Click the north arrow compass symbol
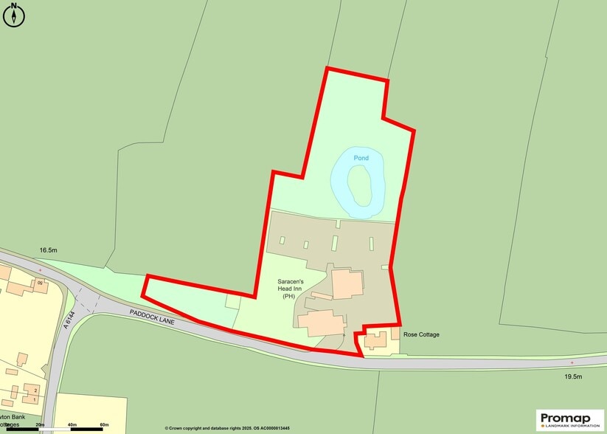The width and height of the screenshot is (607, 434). (x=14, y=15)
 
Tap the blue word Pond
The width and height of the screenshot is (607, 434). (x=361, y=158)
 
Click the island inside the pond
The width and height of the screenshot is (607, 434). (x=358, y=186)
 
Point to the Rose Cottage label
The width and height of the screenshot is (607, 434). (x=422, y=334)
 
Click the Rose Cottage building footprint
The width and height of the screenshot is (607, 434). (x=374, y=340)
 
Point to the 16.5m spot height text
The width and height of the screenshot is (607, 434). (x=49, y=251)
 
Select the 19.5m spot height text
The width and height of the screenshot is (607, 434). (x=573, y=377)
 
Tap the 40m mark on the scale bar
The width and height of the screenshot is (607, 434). (x=72, y=424)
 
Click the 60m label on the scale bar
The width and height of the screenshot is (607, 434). (x=104, y=424)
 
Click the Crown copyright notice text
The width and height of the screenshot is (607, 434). (x=227, y=428)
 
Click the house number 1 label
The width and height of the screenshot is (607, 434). (x=34, y=399)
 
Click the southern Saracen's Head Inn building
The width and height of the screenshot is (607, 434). (x=321, y=323)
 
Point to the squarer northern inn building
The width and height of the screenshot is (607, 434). (x=347, y=284)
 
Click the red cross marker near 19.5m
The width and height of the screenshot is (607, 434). (x=572, y=363)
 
